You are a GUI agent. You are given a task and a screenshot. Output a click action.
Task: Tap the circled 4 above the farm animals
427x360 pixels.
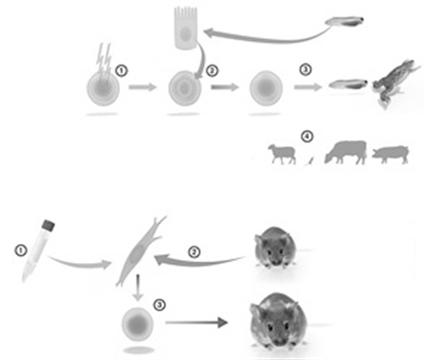tap(307, 136)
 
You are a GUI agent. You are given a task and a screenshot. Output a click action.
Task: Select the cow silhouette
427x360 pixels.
tap(346, 152)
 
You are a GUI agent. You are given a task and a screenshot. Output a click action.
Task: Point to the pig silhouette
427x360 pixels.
tap(391, 154)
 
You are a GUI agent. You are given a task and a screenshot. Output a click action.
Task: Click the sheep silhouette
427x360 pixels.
tap(282, 154)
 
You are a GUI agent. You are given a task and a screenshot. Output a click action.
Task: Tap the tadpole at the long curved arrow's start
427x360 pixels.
tap(345, 22)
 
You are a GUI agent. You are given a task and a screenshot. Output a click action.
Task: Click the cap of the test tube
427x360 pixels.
tap(48, 225)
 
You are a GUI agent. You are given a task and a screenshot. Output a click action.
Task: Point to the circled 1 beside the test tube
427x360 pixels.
tap(21, 250)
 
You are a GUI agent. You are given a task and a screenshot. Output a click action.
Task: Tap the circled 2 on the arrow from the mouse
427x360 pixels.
tap(194, 252)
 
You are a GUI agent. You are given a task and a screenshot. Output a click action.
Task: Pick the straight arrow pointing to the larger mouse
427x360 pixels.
tap(196, 323)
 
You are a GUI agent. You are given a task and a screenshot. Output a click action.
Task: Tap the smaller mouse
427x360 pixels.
tap(276, 247)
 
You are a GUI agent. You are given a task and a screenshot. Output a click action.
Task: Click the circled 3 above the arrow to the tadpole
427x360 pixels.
tap(305, 70)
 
